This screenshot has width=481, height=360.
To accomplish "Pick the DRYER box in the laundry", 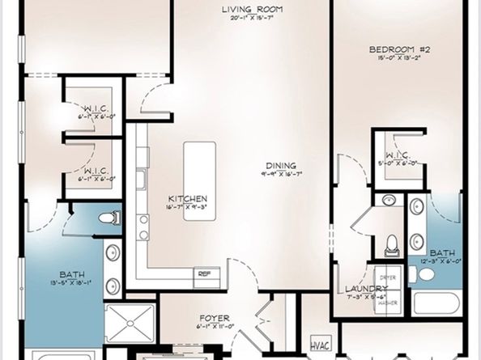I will (x=388, y=277).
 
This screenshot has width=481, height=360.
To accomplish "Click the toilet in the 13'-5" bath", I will (x=110, y=218).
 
